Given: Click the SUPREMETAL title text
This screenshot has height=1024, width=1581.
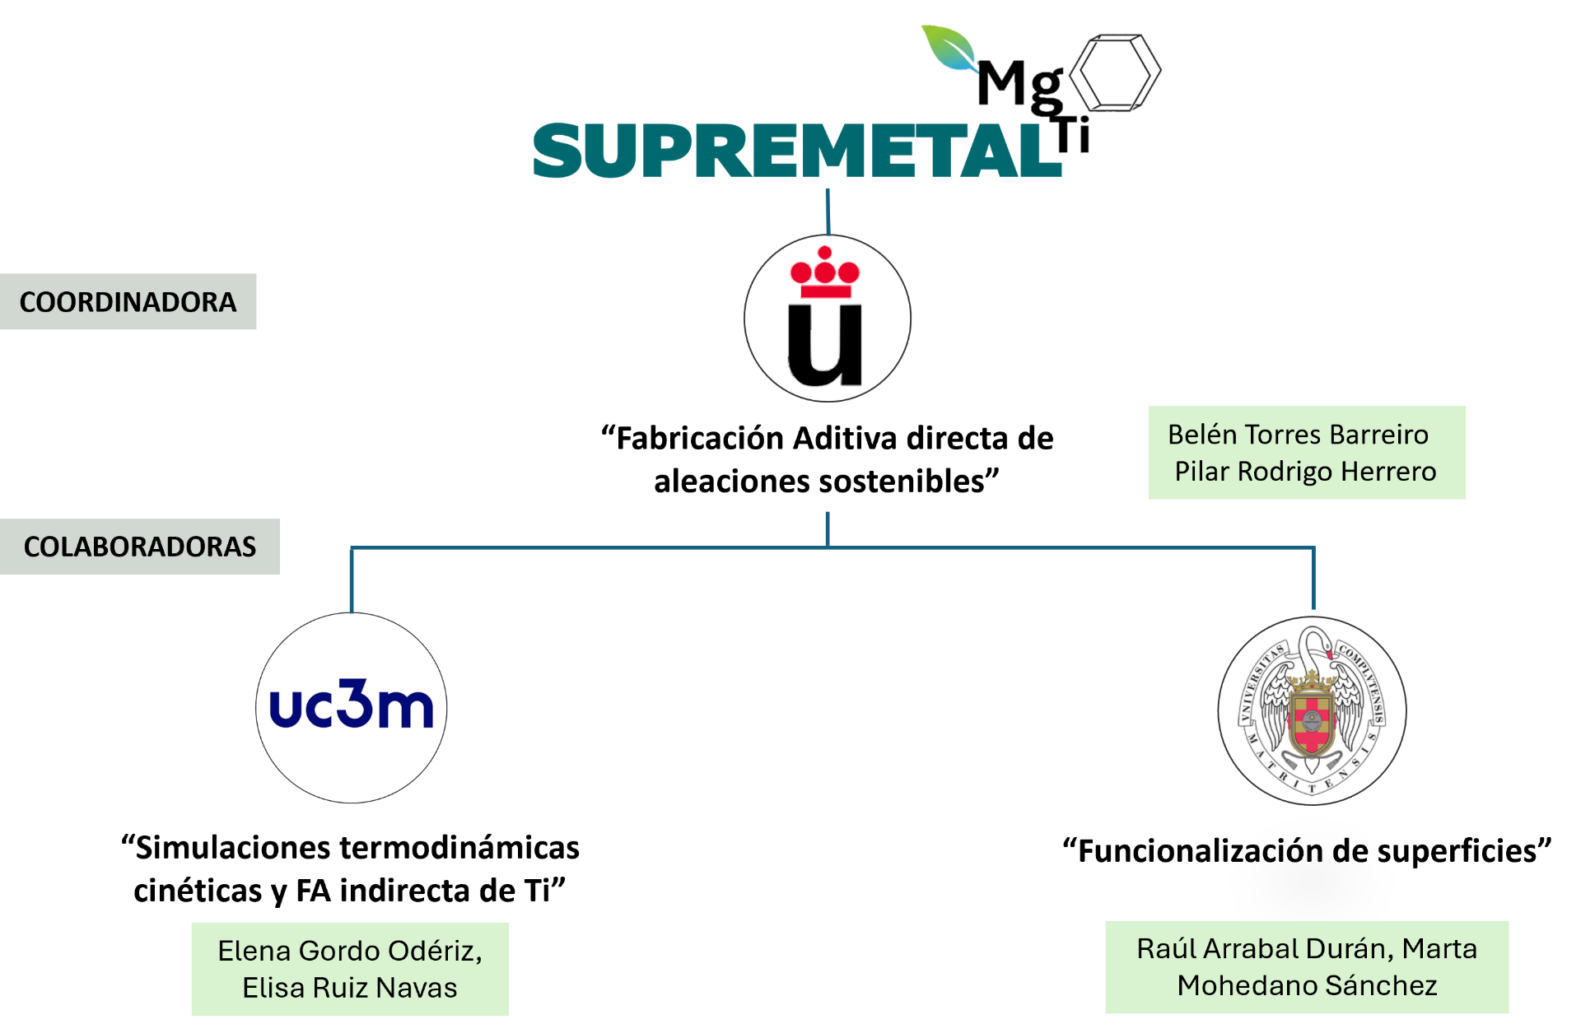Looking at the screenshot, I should [797, 151].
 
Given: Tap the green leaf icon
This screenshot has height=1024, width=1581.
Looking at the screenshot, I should [950, 49].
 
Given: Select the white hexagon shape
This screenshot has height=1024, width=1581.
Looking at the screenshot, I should [1114, 72].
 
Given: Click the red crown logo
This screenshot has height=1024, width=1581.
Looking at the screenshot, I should [824, 273].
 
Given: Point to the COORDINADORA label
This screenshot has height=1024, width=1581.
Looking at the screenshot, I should [128, 302].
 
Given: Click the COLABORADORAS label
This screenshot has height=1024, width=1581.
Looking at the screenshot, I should [139, 547].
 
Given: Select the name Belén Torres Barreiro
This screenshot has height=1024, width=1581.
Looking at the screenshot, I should [1298, 435].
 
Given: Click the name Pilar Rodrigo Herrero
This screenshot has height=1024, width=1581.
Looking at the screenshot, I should [1305, 472].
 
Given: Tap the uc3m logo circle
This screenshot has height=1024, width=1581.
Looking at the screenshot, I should [352, 708].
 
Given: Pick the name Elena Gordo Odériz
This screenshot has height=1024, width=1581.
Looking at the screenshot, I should [349, 951].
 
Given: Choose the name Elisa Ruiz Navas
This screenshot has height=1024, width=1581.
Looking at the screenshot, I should [349, 988].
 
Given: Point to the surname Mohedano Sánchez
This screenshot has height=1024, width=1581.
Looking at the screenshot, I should [1307, 985].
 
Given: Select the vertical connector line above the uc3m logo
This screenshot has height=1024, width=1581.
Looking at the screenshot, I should [352, 580].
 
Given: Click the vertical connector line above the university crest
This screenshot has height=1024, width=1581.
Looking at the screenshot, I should [1313, 579].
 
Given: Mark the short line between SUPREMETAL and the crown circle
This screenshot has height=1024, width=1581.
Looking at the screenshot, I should [828, 212].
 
